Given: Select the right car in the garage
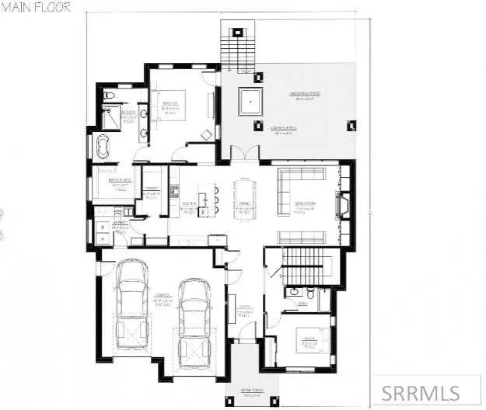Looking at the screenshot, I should [x=193, y=314].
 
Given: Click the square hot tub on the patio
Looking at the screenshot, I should [x=252, y=102].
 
